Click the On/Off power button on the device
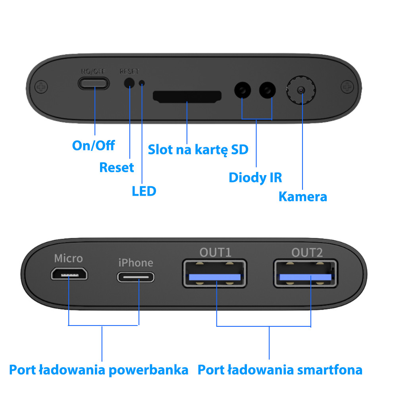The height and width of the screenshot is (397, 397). point(94,83)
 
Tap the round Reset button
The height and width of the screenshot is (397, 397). point(129,83)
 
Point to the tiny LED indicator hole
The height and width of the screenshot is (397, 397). point(142,83)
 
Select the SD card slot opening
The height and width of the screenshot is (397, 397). point(187,96)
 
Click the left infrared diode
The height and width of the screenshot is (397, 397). point(243,90)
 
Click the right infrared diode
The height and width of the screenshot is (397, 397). point(268,90)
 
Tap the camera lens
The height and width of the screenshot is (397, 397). point(301,90)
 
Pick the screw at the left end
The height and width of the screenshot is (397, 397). point(41,87)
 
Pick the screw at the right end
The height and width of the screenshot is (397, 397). point(347,87)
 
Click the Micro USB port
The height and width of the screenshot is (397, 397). point(69,274)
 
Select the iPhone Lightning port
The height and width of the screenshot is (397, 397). point(136,277)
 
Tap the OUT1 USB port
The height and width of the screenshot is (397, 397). point(215,274)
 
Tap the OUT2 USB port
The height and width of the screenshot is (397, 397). point(306,274)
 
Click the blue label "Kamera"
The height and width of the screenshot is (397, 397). point(303,197)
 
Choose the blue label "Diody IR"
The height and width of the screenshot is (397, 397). point(255,177)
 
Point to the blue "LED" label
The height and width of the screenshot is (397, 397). point(144,191)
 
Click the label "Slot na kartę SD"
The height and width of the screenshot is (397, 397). point(198,149)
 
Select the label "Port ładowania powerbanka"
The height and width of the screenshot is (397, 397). point(99,370)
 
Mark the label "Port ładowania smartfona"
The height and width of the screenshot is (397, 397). point(280,370)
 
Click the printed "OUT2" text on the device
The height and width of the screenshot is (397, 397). point(307,252)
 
